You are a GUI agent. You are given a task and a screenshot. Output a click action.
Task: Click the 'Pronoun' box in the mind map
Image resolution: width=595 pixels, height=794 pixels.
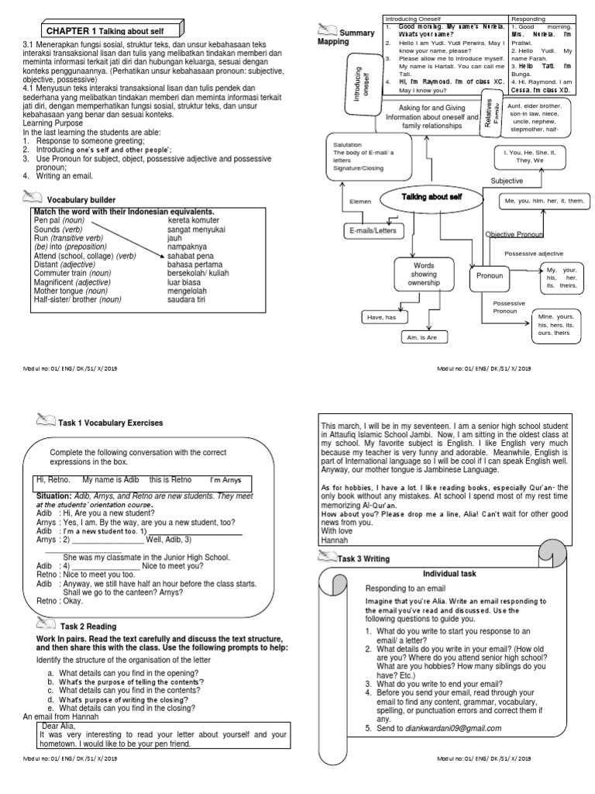[489, 275]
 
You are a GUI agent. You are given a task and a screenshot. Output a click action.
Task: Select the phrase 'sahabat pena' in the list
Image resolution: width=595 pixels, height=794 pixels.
[191, 255]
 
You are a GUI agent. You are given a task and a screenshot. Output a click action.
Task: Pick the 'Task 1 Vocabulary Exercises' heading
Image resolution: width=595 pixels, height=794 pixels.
[110, 423]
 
